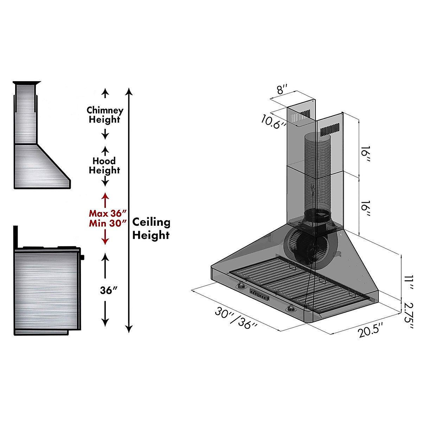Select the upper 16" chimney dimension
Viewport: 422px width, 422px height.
coord(365,154)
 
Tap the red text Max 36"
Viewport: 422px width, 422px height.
coord(107,213)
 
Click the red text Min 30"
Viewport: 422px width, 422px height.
coord(107,223)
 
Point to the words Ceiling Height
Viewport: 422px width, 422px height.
coord(151,229)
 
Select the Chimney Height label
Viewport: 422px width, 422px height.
coord(105,115)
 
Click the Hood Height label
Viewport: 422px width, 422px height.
coord(104,166)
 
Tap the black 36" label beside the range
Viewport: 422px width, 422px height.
coord(108,290)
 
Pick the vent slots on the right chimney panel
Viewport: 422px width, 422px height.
coord(330,130)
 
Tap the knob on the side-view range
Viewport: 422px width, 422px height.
coord(83,257)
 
